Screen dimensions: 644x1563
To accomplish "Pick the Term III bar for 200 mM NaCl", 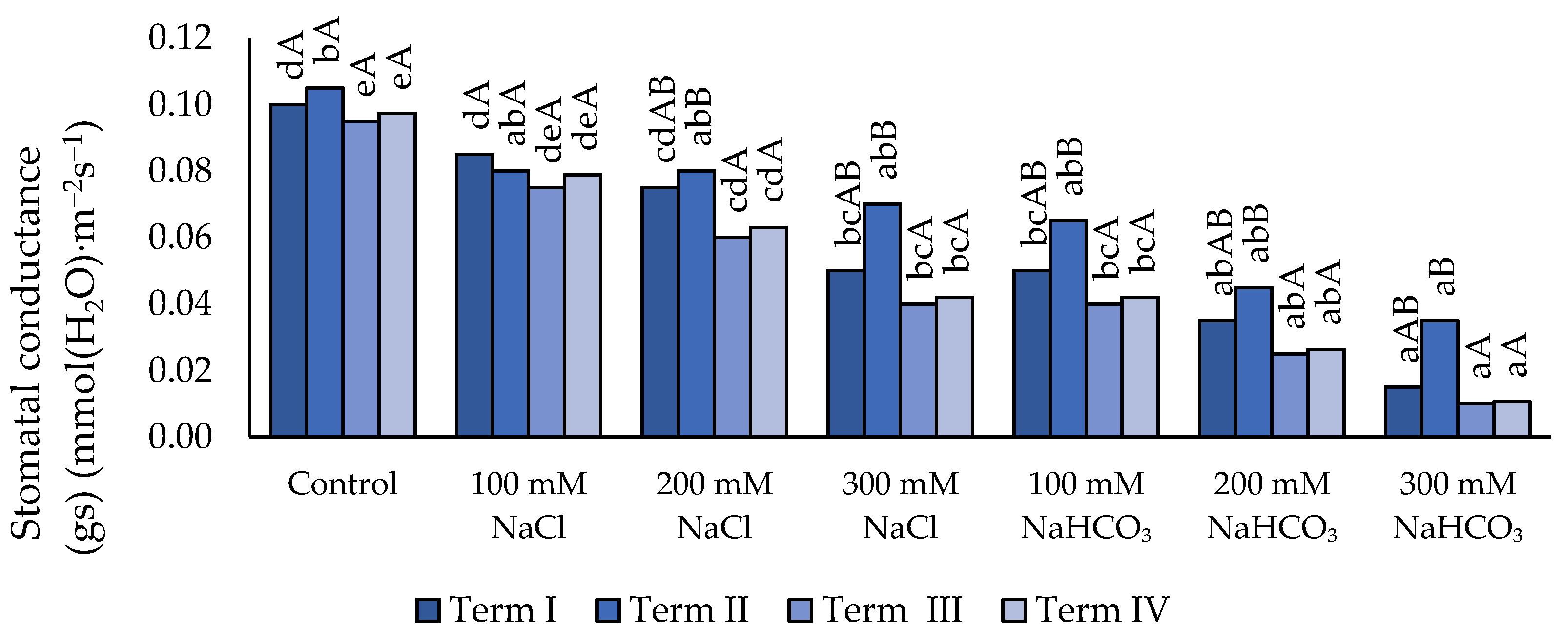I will coord(732,337).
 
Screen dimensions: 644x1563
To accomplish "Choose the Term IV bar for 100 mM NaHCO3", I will coord(1139,366).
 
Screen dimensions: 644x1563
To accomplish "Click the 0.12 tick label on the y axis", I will coord(180,38).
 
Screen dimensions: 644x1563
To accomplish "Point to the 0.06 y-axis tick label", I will coord(180,237).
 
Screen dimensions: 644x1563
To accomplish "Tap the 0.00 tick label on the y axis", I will coord(180,437).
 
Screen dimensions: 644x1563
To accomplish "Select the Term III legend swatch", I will coord(800,610).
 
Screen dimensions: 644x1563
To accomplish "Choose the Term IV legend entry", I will coord(1086,609).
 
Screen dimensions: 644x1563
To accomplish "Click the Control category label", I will coord(342,484).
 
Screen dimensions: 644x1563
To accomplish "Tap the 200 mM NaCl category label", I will coord(714,505).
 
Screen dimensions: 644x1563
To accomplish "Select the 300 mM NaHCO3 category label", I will coord(1458,505).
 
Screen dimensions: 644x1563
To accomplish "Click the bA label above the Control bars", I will coord(328,39).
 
